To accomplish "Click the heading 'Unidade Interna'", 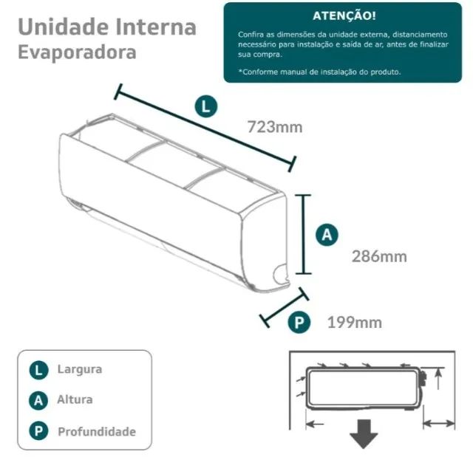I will [x=106, y=27].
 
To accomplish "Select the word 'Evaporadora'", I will [x=77, y=52].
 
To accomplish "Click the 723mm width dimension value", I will [x=274, y=127].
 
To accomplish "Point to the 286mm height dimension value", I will [x=379, y=256].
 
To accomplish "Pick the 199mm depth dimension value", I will [x=354, y=322].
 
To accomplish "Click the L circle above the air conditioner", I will [x=207, y=106].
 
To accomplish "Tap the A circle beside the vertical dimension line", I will [x=327, y=236].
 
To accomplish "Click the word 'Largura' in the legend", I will [x=80, y=369].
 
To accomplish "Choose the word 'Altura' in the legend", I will [x=75, y=399].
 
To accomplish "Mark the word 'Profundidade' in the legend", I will [x=97, y=431].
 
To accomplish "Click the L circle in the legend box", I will [x=39, y=370].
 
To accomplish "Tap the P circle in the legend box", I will [x=39, y=431].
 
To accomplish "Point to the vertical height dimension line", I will [x=302, y=235].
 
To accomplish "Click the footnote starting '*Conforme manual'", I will [x=319, y=72].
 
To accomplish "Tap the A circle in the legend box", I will [x=39, y=400].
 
